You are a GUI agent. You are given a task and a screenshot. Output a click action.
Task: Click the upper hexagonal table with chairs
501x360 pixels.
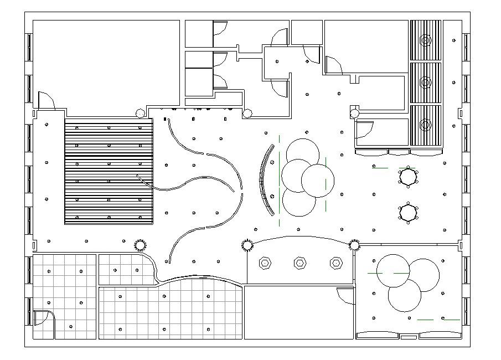pos(409,177)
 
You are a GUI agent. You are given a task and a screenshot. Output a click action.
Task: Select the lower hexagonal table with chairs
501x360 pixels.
pos(409,212)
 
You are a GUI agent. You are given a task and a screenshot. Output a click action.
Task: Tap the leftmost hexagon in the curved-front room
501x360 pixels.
pos(265,263)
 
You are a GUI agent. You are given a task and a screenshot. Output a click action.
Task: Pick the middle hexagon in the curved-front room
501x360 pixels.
pos(299,263)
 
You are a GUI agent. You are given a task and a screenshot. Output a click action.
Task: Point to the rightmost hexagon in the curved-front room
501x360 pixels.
pos(335,263)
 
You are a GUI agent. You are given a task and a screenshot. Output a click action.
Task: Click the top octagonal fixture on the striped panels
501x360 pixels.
pos(425,40)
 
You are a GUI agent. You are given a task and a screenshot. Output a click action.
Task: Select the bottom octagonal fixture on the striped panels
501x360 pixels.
pos(425,125)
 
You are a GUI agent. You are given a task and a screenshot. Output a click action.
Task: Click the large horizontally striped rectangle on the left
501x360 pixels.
pos(109,171)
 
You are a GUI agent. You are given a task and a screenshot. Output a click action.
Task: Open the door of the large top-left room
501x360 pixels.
pos(45,100)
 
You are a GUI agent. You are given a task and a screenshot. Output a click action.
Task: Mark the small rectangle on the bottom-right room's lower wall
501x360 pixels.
pos(409,337)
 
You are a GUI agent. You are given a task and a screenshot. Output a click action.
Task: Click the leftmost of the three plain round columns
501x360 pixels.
pos(141,114)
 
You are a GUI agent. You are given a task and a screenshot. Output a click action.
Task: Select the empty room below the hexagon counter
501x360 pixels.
pos(299,312)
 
